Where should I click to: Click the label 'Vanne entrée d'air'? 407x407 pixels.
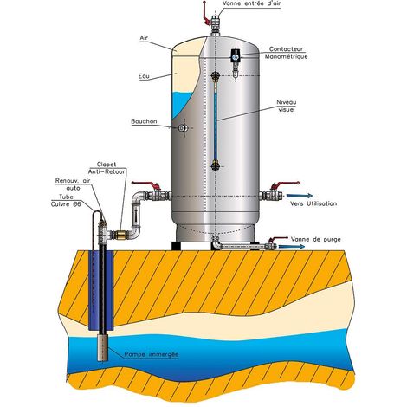pyautogui.click(x=251, y=3)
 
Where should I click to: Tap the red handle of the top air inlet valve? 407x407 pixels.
pyautogui.click(x=206, y=13)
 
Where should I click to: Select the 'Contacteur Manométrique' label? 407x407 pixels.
pyautogui.click(x=286, y=53)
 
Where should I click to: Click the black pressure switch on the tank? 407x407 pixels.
pyautogui.click(x=236, y=55)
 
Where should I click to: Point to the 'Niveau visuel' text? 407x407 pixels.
pyautogui.click(x=287, y=106)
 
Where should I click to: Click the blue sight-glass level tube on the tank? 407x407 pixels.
pyautogui.click(x=216, y=120)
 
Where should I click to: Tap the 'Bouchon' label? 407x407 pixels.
pyautogui.click(x=144, y=121)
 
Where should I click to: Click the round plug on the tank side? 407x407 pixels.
pyautogui.click(x=183, y=128)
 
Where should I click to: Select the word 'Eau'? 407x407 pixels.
pyautogui.click(x=144, y=76)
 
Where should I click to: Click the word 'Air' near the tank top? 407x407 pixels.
pyautogui.click(x=144, y=38)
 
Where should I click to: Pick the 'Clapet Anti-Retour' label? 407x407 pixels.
pyautogui.click(x=107, y=168)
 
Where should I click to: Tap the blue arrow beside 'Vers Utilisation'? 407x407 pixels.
pyautogui.click(x=300, y=196)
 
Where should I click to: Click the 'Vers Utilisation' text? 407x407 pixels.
pyautogui.click(x=313, y=203)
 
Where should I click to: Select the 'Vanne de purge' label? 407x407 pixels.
pyautogui.click(x=316, y=239)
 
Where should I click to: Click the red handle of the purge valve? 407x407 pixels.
pyautogui.click(x=277, y=239)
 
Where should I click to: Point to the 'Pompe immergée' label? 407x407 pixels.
pyautogui.click(x=152, y=354)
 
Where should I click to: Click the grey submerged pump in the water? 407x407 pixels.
pyautogui.click(x=102, y=347)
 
